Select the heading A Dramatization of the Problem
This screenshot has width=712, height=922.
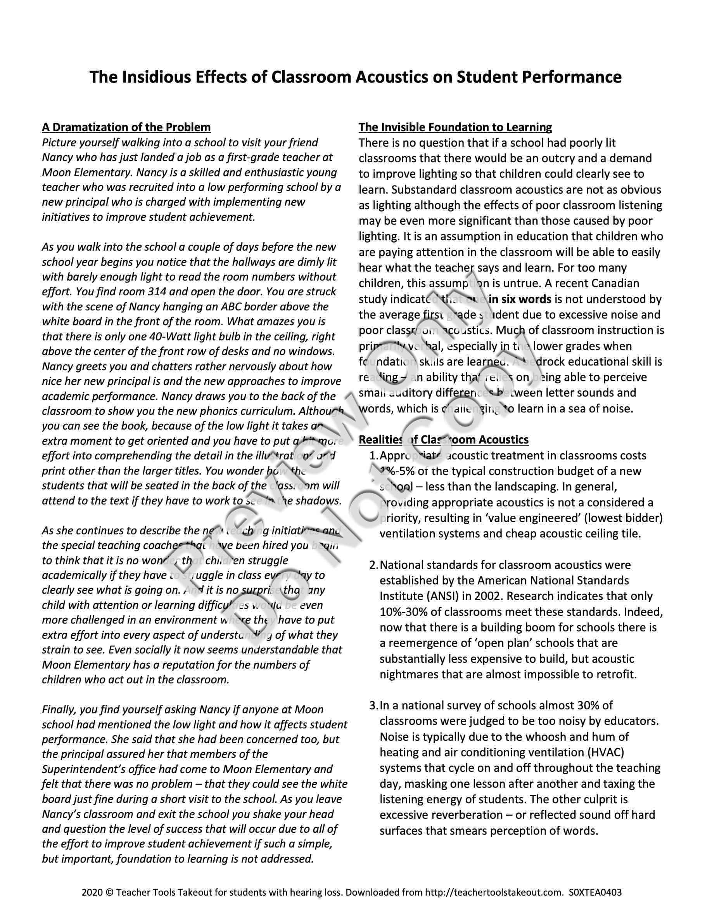(x=126, y=127)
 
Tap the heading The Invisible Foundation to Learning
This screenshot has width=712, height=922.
(x=455, y=127)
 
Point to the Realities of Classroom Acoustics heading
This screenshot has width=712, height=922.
(x=443, y=440)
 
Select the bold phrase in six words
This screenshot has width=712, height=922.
(x=520, y=299)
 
